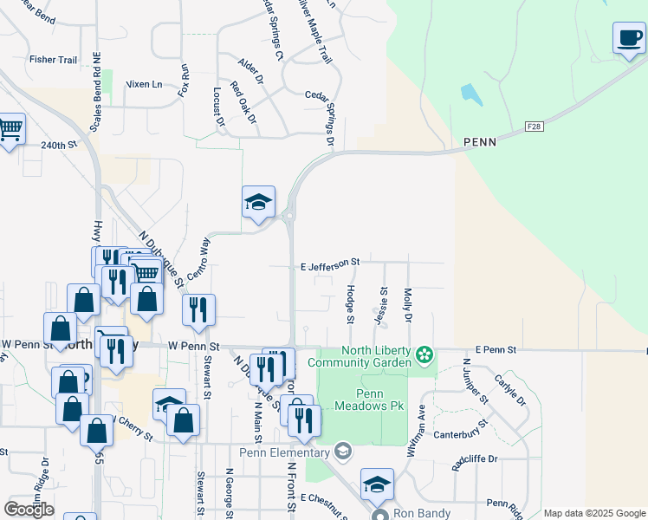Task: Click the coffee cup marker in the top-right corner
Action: [628, 38]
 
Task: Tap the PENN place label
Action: [479, 142]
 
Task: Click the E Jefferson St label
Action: [329, 262]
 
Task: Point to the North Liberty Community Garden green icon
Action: [424, 355]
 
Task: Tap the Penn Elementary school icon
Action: [343, 451]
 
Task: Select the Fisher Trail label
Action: [54, 60]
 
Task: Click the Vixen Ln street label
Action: [145, 84]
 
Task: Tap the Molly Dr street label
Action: [407, 304]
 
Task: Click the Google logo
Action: [29, 509]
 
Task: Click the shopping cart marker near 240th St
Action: [10, 130]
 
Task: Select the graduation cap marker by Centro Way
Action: [258, 204]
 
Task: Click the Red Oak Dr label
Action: [243, 101]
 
